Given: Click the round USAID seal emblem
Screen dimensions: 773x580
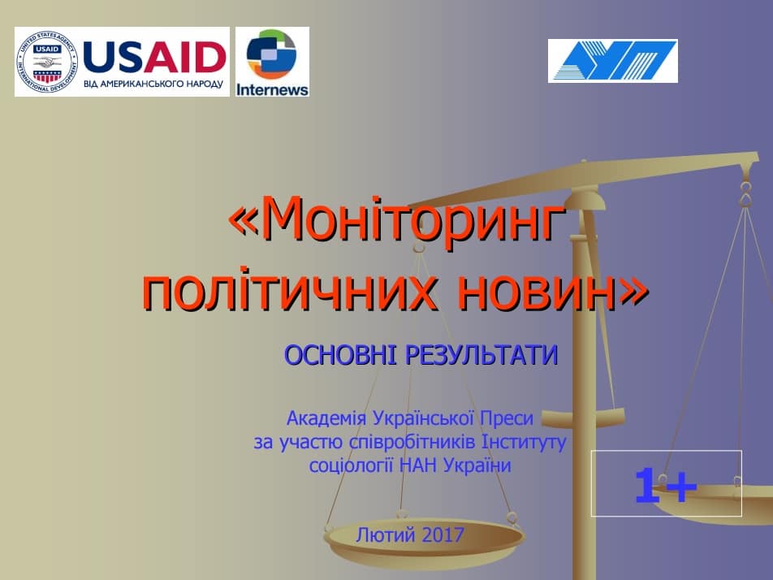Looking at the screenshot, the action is [47, 62].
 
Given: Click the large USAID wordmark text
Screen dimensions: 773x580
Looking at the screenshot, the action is [155, 57].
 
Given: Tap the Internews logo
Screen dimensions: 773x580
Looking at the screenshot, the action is [272, 62].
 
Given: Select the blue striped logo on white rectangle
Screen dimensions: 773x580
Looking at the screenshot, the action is [613, 61].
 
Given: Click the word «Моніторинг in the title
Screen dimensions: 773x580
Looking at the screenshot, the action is [397, 219].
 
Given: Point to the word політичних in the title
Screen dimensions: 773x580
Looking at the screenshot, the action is [289, 291].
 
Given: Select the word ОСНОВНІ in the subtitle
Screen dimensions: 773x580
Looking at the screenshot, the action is [340, 355].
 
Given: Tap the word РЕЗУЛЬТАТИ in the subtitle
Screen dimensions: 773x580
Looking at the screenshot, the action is [482, 356].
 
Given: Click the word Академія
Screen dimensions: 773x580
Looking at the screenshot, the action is [326, 418].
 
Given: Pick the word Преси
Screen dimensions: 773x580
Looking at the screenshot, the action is [507, 418].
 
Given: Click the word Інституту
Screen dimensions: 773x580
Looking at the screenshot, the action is [524, 442].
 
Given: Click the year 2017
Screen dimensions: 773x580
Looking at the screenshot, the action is [443, 535].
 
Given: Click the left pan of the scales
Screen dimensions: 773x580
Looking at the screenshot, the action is [425, 539].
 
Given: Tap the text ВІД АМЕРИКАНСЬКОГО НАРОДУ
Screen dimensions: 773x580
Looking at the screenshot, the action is [153, 84].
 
